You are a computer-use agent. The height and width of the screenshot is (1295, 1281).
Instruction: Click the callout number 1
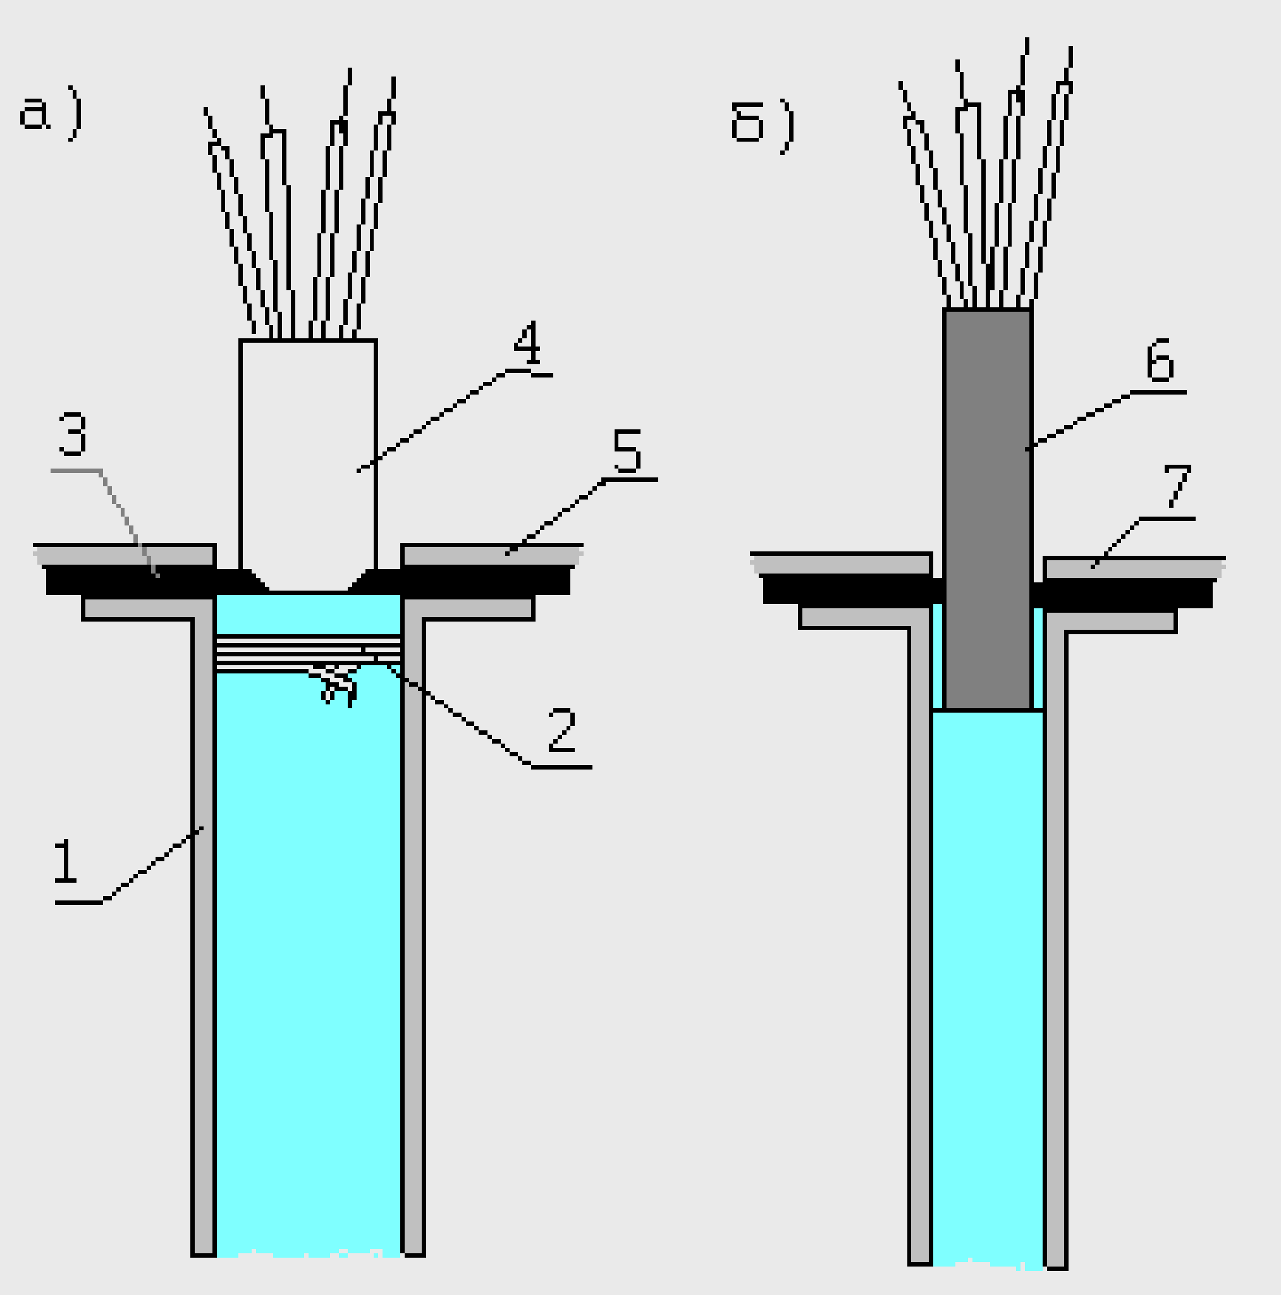(x=66, y=861)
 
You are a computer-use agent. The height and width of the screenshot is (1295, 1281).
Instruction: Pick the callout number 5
(x=627, y=451)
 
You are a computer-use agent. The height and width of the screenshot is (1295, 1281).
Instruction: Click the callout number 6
(x=1160, y=360)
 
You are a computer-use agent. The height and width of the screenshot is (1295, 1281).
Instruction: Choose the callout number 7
(x=1177, y=485)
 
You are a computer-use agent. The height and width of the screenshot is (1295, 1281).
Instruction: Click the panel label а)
(x=51, y=115)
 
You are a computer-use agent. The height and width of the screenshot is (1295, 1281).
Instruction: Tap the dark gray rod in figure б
(x=988, y=510)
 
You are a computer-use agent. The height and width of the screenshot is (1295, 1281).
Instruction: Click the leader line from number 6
(x=1079, y=420)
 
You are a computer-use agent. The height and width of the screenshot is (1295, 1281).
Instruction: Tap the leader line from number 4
(x=436, y=420)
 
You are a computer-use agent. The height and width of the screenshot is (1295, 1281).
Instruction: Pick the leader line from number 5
(x=556, y=516)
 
